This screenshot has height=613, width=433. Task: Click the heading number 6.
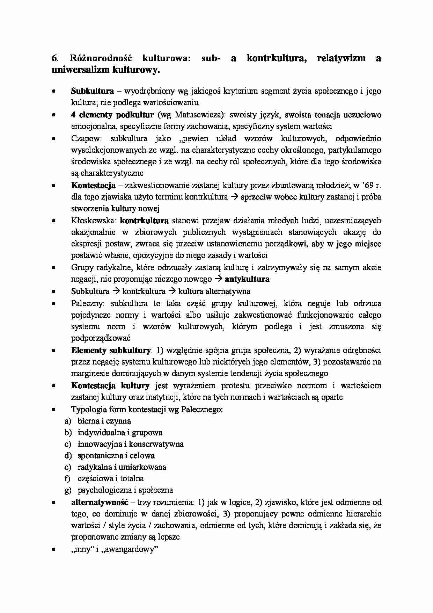54,58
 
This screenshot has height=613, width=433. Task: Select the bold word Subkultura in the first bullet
92,91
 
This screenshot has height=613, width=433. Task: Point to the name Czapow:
86,138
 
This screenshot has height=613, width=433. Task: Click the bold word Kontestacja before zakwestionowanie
93,185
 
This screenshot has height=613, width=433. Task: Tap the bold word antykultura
247,279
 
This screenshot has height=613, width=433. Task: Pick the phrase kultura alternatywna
214,291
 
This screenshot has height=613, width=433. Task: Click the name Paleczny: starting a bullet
86,303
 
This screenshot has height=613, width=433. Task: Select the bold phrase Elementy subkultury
111,350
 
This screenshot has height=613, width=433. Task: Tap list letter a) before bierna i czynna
68,421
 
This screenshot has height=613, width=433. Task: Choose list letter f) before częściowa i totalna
68,479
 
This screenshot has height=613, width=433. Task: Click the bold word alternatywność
100,503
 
